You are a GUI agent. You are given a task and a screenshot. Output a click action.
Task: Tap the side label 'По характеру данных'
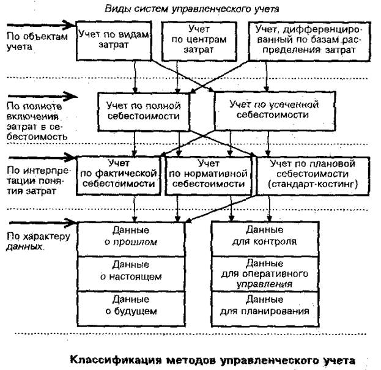pyautogui.click(x=33, y=241)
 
